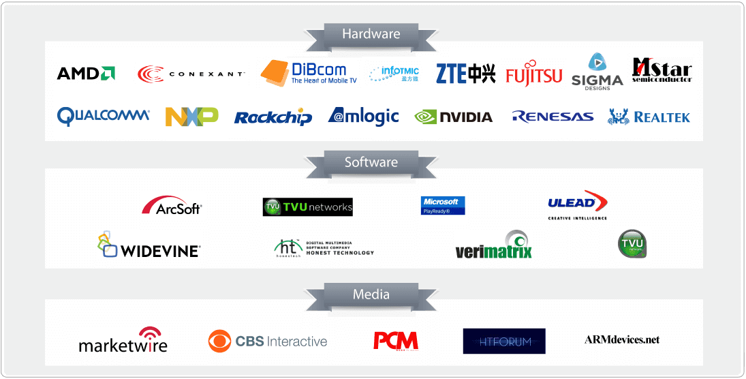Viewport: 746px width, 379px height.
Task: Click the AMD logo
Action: (x=85, y=74)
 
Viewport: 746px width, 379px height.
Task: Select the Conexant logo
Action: (x=191, y=74)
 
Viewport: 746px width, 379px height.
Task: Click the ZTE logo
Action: (x=465, y=73)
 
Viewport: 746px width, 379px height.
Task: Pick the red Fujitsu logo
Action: (x=534, y=74)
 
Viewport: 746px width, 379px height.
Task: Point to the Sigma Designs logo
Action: (x=597, y=71)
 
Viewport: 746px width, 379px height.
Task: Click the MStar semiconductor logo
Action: (x=662, y=70)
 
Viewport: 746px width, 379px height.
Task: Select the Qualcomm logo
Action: (x=104, y=116)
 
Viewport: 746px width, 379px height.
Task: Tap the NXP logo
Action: (x=191, y=117)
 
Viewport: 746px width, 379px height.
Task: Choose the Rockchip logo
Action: (x=273, y=117)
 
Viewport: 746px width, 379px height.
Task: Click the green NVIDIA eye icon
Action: (x=425, y=117)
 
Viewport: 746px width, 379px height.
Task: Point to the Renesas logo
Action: (x=553, y=117)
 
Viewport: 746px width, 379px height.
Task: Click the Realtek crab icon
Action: (x=618, y=117)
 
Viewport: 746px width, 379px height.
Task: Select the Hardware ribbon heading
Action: (x=371, y=33)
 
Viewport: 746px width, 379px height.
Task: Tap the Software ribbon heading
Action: (x=371, y=162)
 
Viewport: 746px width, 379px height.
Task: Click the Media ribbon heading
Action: (x=371, y=294)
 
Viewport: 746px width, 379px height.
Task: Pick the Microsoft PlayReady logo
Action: (x=443, y=205)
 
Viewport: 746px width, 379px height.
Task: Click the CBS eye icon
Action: (x=219, y=342)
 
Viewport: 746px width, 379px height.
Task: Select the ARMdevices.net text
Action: (x=621, y=339)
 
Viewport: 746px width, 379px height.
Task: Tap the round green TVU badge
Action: (x=631, y=243)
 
